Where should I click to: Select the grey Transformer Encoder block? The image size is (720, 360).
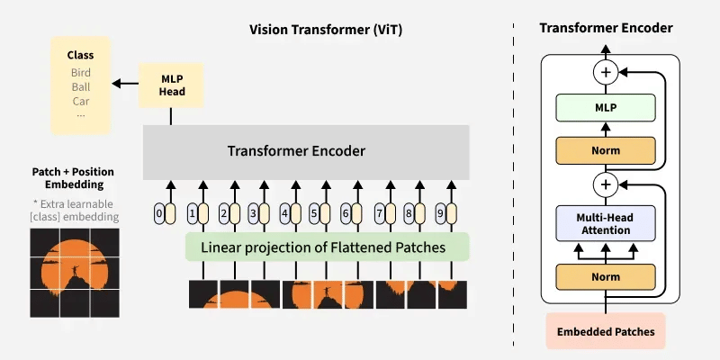tap(306, 151)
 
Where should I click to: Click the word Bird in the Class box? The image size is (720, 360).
tap(81, 72)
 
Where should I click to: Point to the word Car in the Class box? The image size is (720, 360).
tap(81, 101)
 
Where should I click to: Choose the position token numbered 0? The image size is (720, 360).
tap(159, 214)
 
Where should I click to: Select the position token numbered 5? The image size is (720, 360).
tap(313, 214)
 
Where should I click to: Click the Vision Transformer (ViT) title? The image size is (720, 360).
tap(326, 30)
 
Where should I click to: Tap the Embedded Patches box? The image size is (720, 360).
tap(605, 331)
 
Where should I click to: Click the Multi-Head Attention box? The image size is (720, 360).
tap(605, 223)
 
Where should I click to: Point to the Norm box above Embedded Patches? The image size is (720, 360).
tap(605, 276)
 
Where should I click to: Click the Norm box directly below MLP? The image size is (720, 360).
tap(605, 149)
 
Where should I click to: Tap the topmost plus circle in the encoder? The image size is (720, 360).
tap(605, 70)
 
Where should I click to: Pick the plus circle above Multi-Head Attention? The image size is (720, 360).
tap(605, 185)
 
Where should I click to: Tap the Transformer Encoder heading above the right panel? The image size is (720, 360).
tap(606, 28)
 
